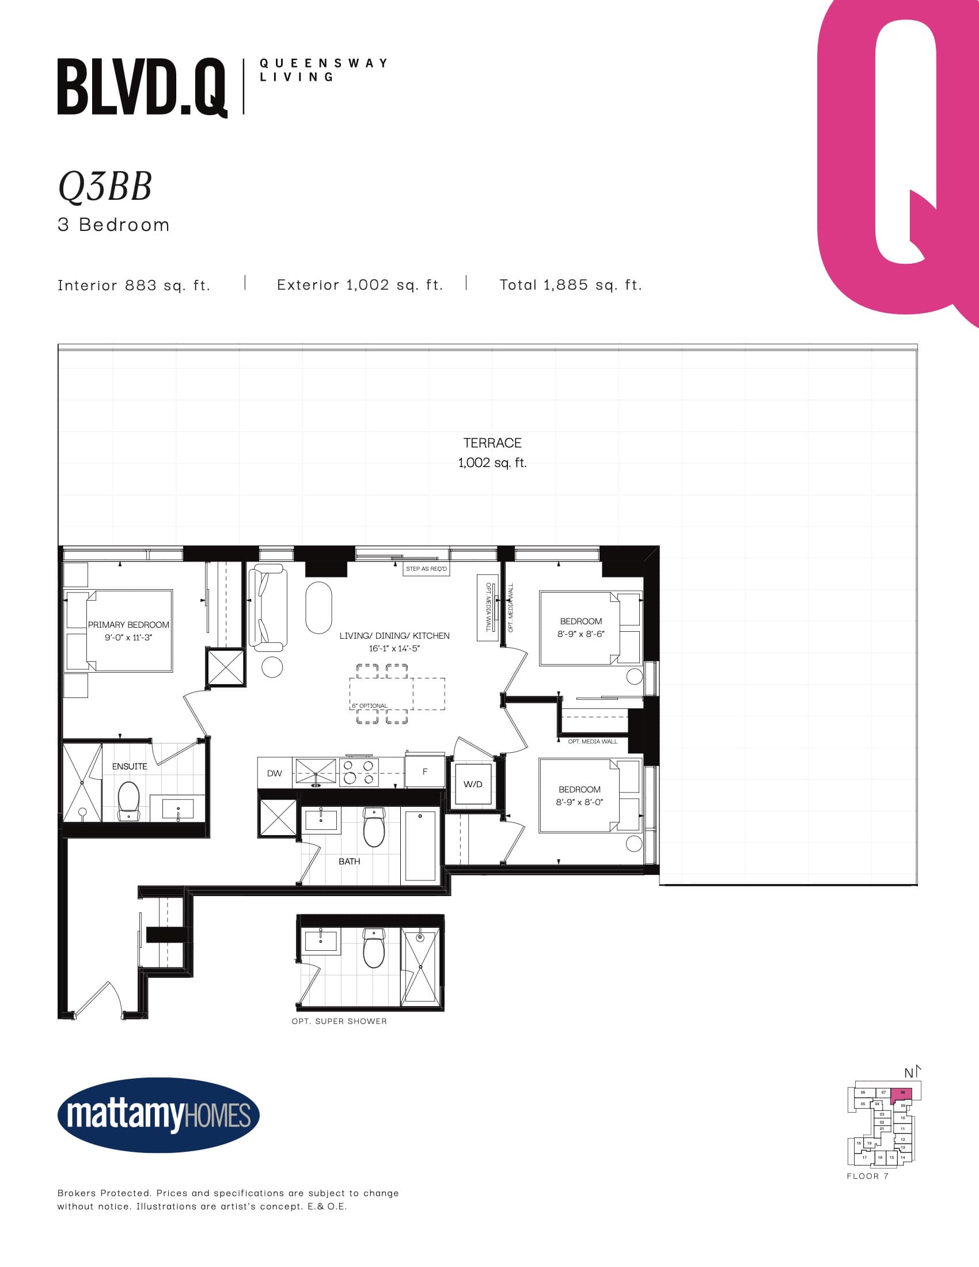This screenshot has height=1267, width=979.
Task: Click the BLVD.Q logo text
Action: click(x=142, y=87)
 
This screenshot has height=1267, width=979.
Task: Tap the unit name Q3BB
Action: click(x=105, y=187)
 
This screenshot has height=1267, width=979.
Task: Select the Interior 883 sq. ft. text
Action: click(x=134, y=285)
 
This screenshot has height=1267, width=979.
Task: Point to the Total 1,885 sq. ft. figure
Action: click(x=571, y=285)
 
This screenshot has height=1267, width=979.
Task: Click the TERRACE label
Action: click(x=492, y=443)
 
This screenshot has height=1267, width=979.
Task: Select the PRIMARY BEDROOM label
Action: click(x=129, y=625)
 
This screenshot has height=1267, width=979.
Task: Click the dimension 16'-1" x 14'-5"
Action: click(x=394, y=648)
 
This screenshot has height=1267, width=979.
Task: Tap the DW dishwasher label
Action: click(x=274, y=773)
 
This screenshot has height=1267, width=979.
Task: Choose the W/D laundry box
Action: click(x=473, y=784)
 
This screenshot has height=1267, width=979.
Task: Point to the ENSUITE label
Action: click(x=130, y=767)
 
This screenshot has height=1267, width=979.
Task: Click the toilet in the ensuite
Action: click(x=129, y=800)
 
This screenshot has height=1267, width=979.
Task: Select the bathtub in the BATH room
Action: click(x=420, y=847)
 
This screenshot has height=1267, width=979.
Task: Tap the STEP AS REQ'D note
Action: click(x=426, y=568)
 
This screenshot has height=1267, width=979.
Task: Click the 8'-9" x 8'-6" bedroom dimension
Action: click(x=580, y=634)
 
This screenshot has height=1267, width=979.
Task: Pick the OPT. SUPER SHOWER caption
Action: click(x=339, y=1021)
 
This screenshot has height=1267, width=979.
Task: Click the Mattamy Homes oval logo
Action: click(x=158, y=1115)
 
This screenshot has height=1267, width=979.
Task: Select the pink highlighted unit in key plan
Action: click(x=901, y=1094)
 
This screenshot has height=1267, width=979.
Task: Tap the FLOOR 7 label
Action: click(x=867, y=1176)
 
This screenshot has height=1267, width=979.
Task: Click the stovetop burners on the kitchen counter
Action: click(x=358, y=772)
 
